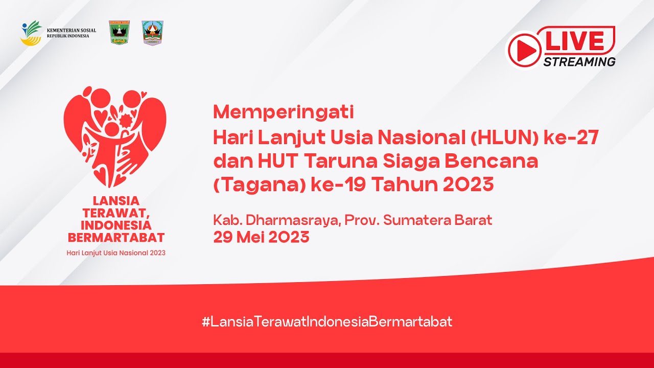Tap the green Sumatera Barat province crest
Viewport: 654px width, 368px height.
pos(120,33)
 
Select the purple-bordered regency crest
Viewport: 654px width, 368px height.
pos(152,33)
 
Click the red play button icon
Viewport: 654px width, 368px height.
pos(524,50)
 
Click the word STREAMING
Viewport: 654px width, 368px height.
pos(579,62)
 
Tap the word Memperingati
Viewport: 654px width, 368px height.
pos(284,111)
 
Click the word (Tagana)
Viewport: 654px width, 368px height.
pos(259,185)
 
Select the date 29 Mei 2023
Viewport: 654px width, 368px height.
pos(261,237)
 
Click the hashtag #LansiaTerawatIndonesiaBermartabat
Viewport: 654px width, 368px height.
pos(327,321)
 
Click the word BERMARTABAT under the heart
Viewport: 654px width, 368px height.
pos(116,238)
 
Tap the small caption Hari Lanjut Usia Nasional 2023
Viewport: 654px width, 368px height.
pos(116,252)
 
